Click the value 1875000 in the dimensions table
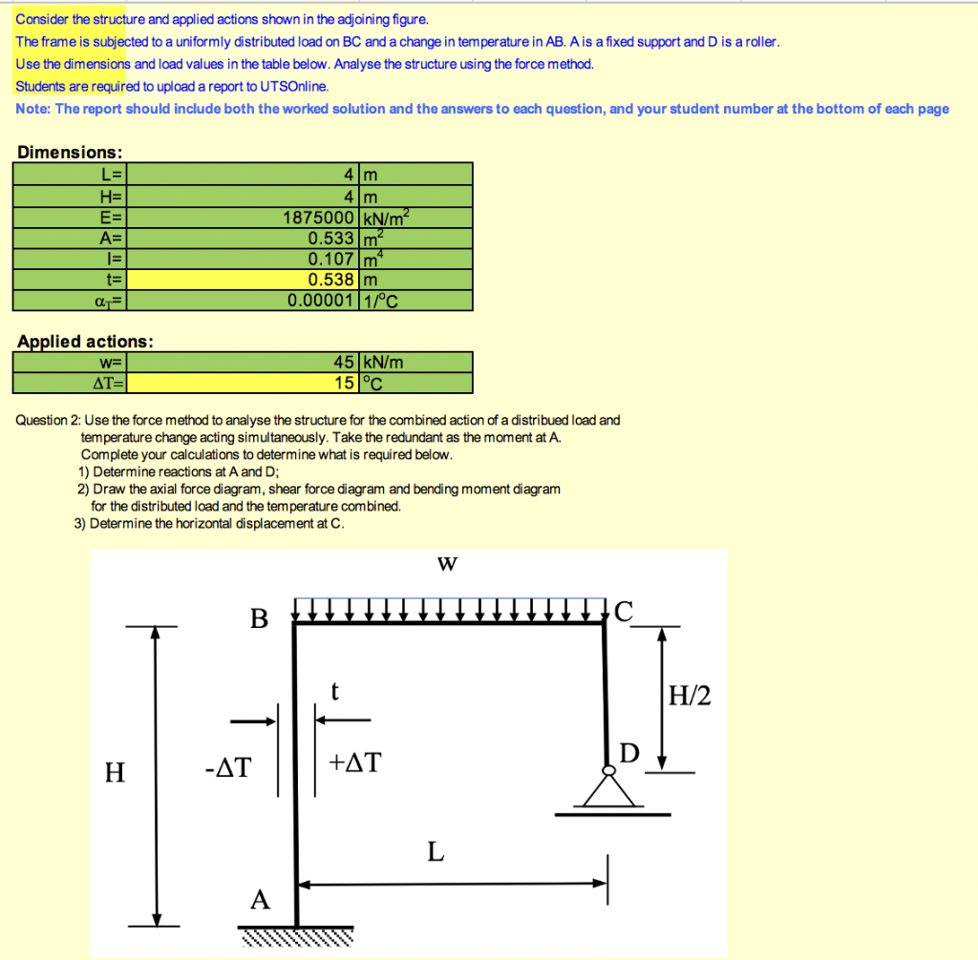[x=320, y=217]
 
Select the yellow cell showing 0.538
[x=244, y=280]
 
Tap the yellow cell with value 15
[x=244, y=384]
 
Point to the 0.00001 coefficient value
[x=323, y=301]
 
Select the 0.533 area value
[x=331, y=238]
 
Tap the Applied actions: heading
[x=85, y=341]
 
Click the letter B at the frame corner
[x=259, y=619]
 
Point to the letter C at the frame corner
[x=624, y=612]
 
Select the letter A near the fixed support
[x=259, y=899]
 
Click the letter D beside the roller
[x=628, y=754]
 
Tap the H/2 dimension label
[x=690, y=697]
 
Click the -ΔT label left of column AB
[x=226, y=767]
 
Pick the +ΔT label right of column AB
[x=354, y=762]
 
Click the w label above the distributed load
[x=446, y=564]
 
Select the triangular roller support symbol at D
[x=606, y=790]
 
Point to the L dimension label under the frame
[x=436, y=851]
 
